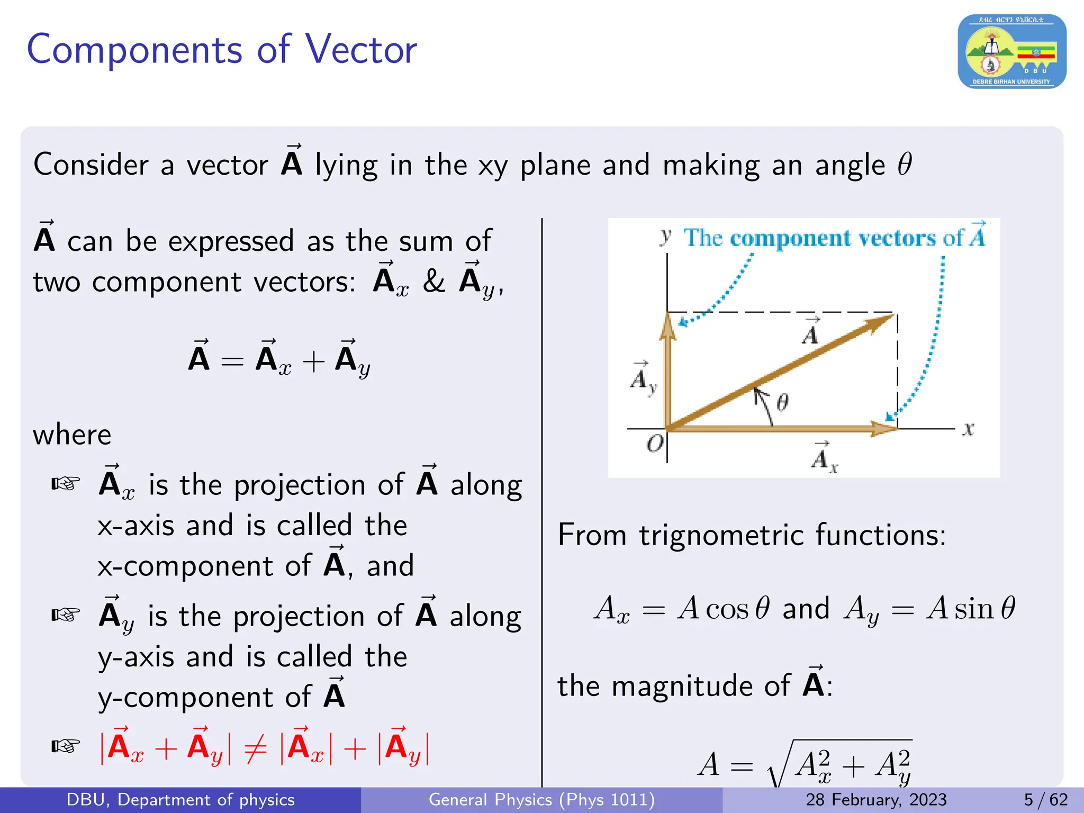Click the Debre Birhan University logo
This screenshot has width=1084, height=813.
point(1011,51)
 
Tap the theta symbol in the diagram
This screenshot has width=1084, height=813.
point(782,402)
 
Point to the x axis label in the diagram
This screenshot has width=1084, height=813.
point(968,429)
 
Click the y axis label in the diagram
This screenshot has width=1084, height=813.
point(666,236)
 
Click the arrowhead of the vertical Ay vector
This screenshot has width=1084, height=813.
point(668,326)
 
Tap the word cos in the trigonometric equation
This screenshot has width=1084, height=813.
point(727,609)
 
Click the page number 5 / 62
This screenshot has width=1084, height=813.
point(1045,800)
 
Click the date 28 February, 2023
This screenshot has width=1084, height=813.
point(876,800)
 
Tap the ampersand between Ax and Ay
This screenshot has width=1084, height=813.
point(433,281)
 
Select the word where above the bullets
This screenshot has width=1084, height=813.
point(72,435)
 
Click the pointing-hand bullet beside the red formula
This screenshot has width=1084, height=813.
point(66,746)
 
